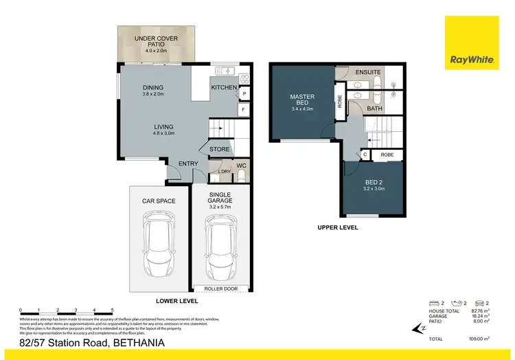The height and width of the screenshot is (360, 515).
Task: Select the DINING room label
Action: click(153, 87)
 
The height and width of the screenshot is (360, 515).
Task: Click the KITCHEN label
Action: click(224, 87)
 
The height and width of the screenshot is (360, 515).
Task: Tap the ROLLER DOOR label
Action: click(221, 289)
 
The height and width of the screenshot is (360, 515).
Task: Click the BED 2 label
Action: click(374, 183)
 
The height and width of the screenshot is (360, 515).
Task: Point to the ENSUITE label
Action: click(368, 72)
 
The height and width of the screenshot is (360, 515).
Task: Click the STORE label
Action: click(220, 148)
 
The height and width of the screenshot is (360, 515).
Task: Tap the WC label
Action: click(241, 166)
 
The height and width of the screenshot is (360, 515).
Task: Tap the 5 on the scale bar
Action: click(112, 311)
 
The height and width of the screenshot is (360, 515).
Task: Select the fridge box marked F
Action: click(243, 110)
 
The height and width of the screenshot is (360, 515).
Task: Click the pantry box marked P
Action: click(243, 93)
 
